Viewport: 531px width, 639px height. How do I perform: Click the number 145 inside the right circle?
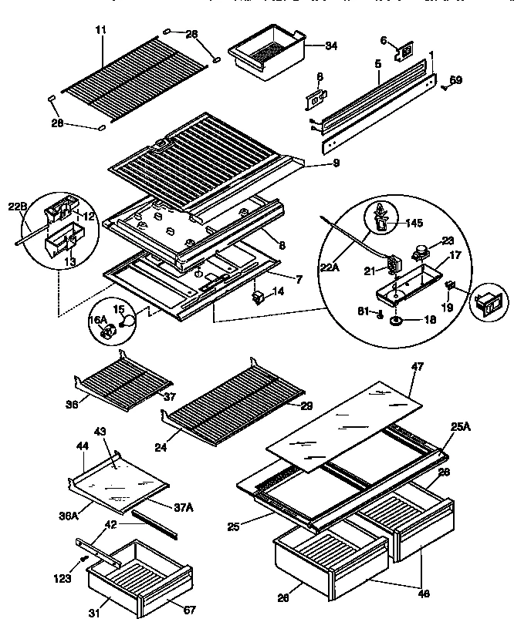(x=414, y=224)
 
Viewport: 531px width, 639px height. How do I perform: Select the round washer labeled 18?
(x=396, y=319)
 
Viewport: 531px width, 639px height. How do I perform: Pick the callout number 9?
(x=314, y=163)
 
